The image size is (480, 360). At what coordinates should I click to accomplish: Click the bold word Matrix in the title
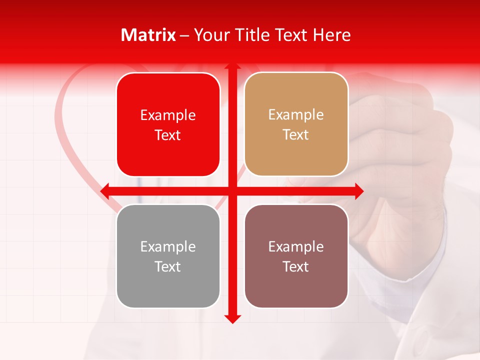[x=148, y=35]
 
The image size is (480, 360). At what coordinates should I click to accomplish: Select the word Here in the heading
[x=332, y=35]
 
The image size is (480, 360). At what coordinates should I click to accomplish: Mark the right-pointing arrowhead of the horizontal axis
[x=358, y=191]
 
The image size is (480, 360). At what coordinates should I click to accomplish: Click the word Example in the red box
[x=168, y=115]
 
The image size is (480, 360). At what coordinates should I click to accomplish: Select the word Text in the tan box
[x=296, y=135]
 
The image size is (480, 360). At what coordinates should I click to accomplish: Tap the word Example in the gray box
[x=168, y=247]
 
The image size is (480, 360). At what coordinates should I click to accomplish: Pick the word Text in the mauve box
[x=296, y=266]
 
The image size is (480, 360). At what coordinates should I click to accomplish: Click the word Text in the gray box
[x=168, y=266]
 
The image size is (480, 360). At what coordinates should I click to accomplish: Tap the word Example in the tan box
[x=296, y=115]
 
